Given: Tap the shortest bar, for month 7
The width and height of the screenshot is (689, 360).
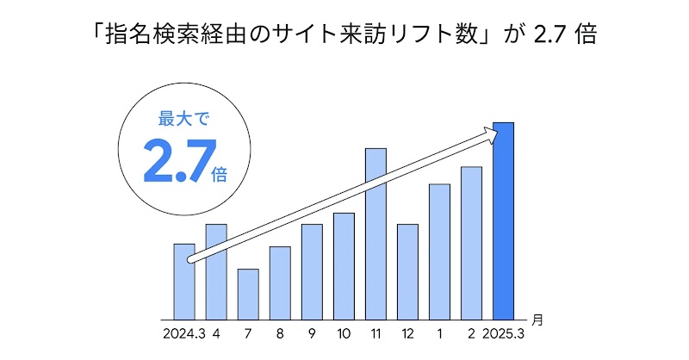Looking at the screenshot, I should coord(248,294).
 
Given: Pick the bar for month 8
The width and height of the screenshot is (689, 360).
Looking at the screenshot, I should coord(280,282).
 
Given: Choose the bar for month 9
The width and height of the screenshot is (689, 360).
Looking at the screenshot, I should coord(312,271).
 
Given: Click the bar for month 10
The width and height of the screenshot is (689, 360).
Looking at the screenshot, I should coord(344,265).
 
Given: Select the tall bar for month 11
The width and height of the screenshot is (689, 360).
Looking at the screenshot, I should coord(376,233).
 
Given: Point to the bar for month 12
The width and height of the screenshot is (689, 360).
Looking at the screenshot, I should coord(407,271).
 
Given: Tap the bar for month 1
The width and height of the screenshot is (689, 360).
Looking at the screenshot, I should coord(439,251).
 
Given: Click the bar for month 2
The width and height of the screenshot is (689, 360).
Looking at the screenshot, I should coord(471,242).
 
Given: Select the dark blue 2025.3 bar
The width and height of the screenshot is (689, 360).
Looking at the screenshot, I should coord(503,220).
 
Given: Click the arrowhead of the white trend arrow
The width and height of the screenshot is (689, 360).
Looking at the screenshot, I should coord(491,132).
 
